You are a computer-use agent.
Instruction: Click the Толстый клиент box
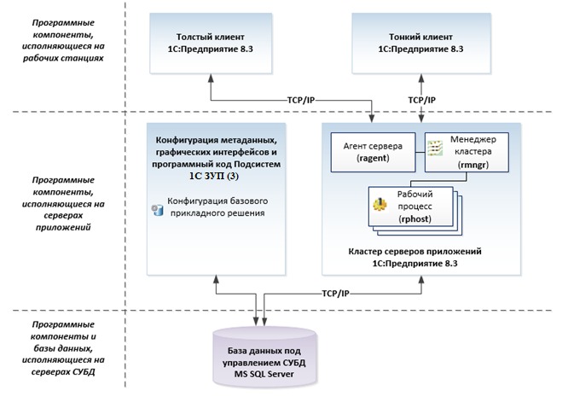click(x=211, y=44)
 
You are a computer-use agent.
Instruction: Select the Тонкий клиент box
click(x=421, y=44)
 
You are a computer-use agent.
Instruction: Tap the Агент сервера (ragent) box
click(x=373, y=152)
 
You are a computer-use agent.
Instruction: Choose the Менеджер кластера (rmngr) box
click(x=467, y=152)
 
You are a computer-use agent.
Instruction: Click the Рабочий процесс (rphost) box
click(x=411, y=207)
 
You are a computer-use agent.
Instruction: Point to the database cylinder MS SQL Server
click(x=264, y=357)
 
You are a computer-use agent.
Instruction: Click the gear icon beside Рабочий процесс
click(x=380, y=205)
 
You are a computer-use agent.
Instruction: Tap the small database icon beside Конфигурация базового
click(x=158, y=210)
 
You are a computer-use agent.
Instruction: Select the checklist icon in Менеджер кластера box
click(x=435, y=148)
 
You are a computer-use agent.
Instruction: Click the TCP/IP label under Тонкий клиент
click(x=421, y=100)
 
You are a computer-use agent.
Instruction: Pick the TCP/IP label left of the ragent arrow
click(x=301, y=100)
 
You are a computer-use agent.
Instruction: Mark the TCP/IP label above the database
click(x=336, y=294)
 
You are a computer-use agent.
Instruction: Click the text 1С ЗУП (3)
click(x=214, y=177)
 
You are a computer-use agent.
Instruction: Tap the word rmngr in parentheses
click(x=473, y=165)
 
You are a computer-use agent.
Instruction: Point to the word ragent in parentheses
click(x=373, y=158)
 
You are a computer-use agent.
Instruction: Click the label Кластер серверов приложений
click(x=415, y=252)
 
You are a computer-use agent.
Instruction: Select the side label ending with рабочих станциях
click(x=63, y=40)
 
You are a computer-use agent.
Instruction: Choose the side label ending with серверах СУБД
click(x=63, y=348)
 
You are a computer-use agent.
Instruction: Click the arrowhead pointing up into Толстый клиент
click(x=211, y=78)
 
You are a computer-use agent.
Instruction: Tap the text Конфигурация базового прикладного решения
click(x=217, y=207)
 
